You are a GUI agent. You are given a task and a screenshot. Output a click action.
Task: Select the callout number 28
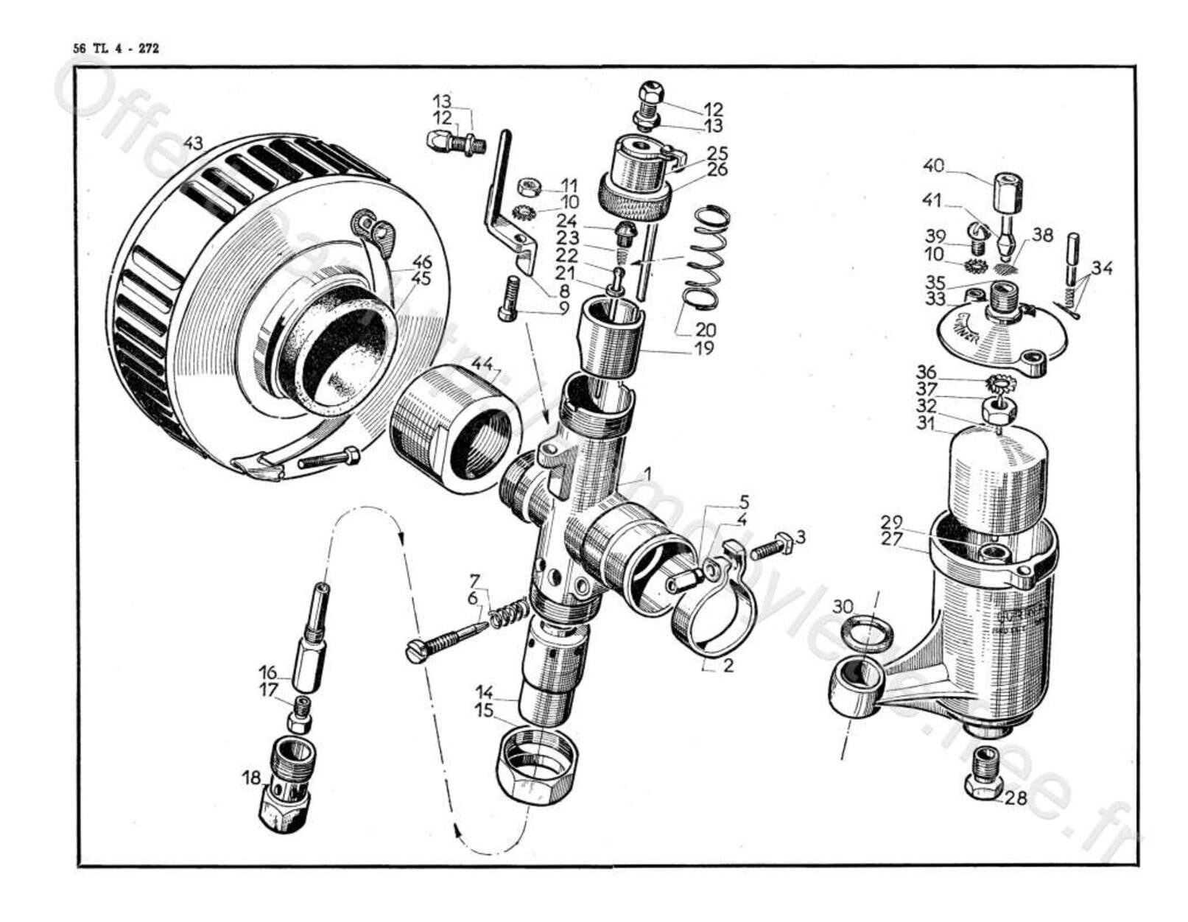coord(1015,798)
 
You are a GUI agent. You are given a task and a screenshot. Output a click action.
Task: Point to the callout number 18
coord(251,778)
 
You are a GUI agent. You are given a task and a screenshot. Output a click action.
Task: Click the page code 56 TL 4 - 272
coord(116,49)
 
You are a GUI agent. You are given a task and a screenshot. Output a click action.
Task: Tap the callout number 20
coord(705,329)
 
